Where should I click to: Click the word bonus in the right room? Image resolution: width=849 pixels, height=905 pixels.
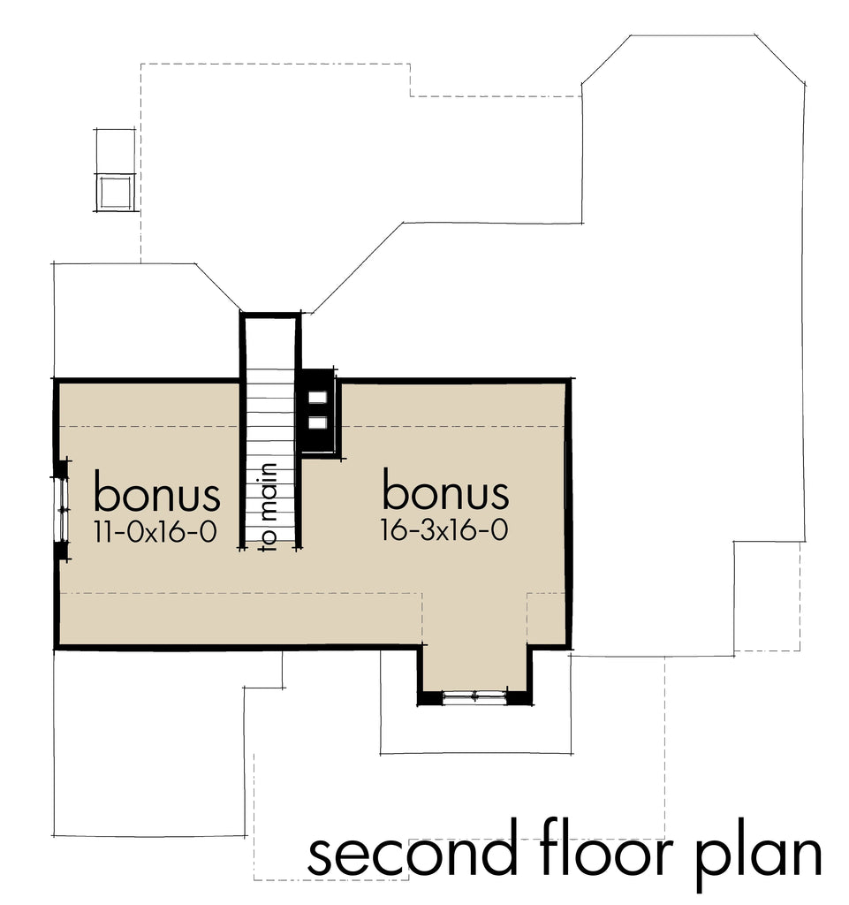point(445,492)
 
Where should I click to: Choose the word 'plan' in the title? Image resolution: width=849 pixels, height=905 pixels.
point(762,856)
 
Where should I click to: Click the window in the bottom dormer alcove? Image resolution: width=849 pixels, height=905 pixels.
point(475,697)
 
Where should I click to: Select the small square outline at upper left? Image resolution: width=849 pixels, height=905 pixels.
point(115,191)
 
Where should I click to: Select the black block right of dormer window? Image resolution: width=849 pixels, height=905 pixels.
point(521,698)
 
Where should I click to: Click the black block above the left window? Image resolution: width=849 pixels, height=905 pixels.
point(61,468)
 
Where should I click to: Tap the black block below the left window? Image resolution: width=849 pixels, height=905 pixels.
point(61,551)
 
